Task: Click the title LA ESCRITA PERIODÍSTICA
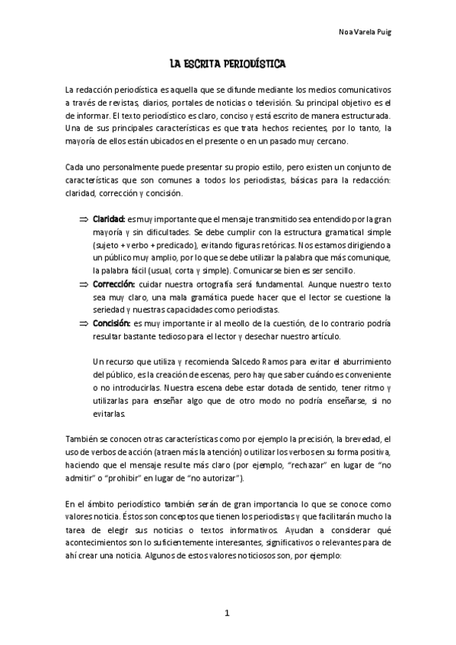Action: click(228, 65)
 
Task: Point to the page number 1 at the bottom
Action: click(228, 612)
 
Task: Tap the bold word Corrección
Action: click(114, 284)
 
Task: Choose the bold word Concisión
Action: click(113, 322)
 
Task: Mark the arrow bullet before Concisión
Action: click(84, 322)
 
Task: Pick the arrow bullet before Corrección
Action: click(84, 284)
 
